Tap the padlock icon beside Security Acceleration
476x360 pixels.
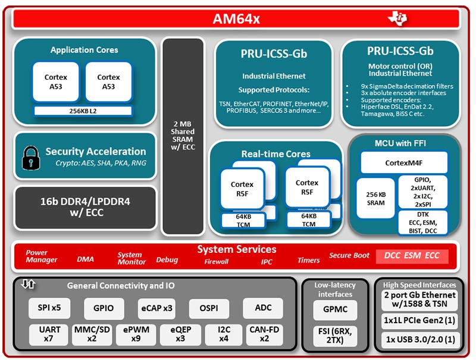[29, 157]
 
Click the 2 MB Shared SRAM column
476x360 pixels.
[183, 138]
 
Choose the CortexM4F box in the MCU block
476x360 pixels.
[404, 162]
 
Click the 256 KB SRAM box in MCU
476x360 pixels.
[375, 199]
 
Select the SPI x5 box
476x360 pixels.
[49, 309]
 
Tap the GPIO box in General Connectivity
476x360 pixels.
[104, 309]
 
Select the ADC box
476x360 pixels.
[262, 309]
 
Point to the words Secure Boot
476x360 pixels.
[349, 255]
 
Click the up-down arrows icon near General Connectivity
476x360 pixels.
[28, 284]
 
